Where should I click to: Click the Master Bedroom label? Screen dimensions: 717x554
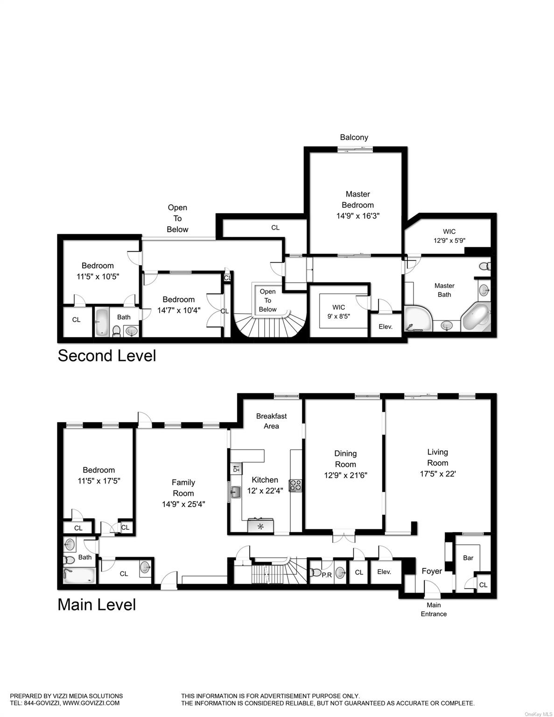point(358,199)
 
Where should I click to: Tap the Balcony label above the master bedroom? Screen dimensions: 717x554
point(354,137)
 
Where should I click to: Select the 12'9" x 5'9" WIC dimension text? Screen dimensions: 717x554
point(449,241)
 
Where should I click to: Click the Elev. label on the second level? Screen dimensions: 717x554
point(386,327)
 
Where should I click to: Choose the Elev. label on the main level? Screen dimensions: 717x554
point(384,572)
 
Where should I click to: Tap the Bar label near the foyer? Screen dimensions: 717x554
point(468,558)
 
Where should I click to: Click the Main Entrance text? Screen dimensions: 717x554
point(434,609)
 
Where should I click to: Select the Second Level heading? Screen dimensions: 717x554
point(106,356)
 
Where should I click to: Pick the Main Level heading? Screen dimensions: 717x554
point(97,605)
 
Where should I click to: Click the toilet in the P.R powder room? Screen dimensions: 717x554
point(317,572)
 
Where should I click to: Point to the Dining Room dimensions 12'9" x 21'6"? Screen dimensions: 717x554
point(345,475)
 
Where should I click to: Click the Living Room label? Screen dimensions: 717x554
point(437,457)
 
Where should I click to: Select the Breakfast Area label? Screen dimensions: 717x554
point(271,421)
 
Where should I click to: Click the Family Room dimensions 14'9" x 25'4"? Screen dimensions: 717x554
point(183,504)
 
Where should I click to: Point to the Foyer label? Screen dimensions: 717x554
point(432,571)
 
